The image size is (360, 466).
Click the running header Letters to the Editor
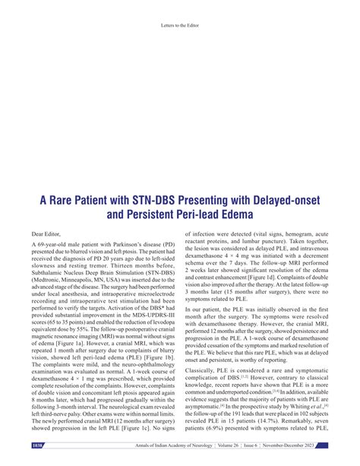(180, 24)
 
